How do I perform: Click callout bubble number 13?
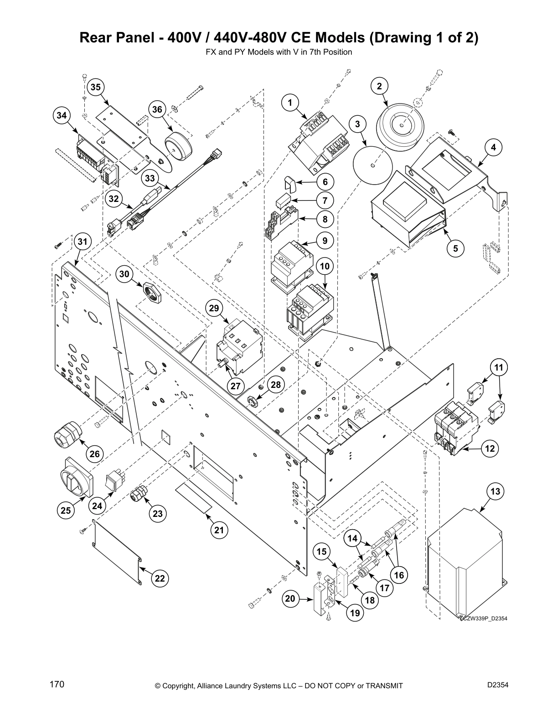point(496,492)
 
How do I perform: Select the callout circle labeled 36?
point(157,109)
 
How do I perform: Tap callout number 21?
point(219,530)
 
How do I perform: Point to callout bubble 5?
point(455,248)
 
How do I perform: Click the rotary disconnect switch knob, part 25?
point(77,476)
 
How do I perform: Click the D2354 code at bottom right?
point(498,685)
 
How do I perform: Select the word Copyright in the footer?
point(181,686)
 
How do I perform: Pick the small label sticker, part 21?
point(194,498)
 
